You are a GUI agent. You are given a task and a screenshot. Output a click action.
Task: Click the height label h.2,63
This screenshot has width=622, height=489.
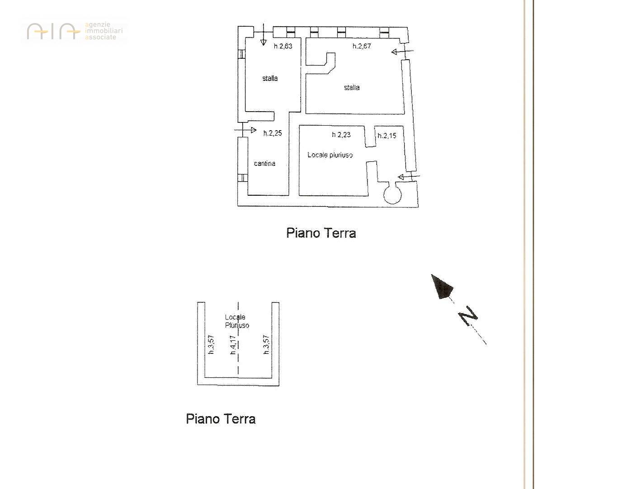click(283, 46)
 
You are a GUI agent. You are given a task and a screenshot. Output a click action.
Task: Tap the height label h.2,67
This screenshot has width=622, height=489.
click(362, 46)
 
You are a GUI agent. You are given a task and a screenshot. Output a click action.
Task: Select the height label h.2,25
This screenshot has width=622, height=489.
click(272, 133)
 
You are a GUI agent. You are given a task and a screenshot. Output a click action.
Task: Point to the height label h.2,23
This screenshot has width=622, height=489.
click(341, 134)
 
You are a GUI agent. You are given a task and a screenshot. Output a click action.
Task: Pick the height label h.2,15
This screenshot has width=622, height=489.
click(387, 136)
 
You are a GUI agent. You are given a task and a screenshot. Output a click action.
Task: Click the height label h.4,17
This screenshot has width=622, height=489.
click(233, 345)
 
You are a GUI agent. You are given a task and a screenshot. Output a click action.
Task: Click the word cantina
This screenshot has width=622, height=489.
click(264, 164)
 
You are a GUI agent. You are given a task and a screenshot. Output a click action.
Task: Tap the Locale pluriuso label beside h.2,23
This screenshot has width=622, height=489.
click(330, 155)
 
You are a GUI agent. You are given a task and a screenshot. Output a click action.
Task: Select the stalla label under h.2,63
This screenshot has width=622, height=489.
click(270, 78)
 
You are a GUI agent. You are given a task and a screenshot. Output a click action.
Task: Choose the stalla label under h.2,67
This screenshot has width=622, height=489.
click(352, 87)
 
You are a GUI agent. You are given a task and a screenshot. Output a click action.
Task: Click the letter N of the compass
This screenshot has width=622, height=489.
click(468, 316)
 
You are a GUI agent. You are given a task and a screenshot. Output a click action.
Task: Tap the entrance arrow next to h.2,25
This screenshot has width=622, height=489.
click(245, 130)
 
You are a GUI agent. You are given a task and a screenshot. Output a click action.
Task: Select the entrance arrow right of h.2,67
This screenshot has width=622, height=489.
click(402, 52)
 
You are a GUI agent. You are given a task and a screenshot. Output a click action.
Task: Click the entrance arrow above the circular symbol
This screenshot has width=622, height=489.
click(409, 177)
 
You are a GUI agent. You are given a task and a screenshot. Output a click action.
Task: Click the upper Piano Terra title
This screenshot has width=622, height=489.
click(321, 233)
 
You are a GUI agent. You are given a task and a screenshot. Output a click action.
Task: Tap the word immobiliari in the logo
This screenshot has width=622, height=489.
click(104, 31)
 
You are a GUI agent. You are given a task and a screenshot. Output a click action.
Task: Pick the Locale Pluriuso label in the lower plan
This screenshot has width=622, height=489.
click(237, 321)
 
